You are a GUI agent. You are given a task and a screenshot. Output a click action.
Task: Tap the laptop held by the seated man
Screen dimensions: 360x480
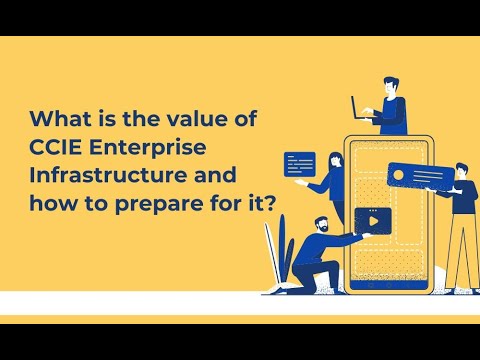tap(362, 107)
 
